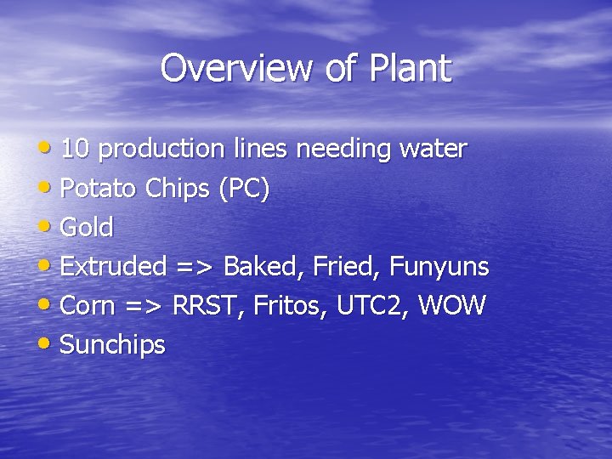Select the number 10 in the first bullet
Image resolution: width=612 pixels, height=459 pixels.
(76, 149)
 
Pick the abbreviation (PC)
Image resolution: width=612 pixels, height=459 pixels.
(244, 189)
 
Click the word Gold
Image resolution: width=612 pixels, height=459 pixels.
(87, 228)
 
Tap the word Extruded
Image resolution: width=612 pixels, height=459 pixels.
(114, 267)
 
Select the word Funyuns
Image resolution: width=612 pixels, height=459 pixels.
(439, 267)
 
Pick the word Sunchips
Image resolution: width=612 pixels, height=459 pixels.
(113, 345)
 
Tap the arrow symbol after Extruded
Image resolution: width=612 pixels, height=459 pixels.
(195, 267)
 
